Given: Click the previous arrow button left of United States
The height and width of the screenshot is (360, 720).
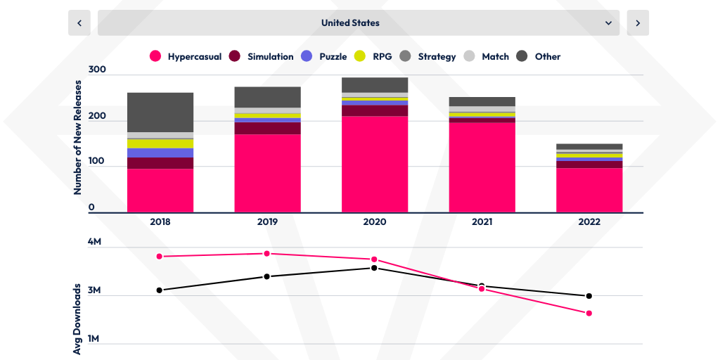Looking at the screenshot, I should (79, 23).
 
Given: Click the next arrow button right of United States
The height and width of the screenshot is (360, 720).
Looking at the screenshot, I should (638, 23).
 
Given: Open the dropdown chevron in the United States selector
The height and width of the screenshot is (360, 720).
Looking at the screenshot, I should (608, 23).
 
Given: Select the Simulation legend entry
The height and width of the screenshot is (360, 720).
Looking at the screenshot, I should (262, 56).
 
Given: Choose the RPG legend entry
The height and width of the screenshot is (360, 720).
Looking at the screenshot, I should (360, 56).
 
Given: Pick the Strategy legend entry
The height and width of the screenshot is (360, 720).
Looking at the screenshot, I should (405, 56).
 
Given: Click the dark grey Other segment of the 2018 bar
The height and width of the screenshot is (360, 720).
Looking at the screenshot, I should (160, 112).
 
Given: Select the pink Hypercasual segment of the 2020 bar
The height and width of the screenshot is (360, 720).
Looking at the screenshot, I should (375, 164).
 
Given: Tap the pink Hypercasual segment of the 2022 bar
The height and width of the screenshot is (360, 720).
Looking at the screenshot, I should (589, 190).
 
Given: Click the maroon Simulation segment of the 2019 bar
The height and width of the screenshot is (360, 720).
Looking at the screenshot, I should (267, 128).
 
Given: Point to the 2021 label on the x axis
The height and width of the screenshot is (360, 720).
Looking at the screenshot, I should (482, 221).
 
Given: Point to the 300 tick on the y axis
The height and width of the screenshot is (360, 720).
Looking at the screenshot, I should (97, 70).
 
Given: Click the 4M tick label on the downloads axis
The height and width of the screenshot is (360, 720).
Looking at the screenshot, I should (95, 242).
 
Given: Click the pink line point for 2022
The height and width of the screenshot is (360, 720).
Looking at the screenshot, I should (589, 313).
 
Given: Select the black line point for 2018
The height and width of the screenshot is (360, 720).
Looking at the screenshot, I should (160, 290).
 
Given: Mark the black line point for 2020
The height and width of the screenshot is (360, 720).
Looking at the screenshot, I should (374, 268).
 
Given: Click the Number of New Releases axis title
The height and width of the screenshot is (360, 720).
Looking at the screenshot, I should (78, 137).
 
